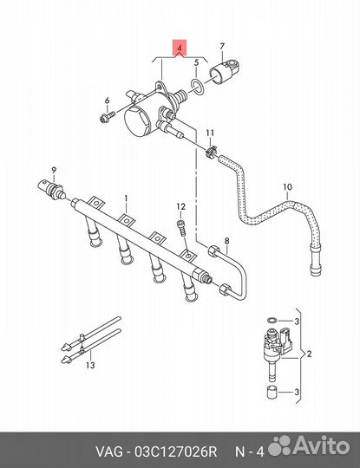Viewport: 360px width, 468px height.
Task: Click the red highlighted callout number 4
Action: pyautogui.click(x=180, y=48)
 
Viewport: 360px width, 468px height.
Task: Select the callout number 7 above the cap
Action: pyautogui.click(x=222, y=47)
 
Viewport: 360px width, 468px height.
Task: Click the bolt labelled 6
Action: pyautogui.click(x=107, y=117)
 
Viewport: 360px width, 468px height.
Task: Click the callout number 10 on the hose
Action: pyautogui.click(x=287, y=187)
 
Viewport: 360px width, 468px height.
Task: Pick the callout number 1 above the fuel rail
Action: pyautogui.click(x=126, y=198)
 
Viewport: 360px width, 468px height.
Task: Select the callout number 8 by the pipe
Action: pyautogui.click(x=227, y=241)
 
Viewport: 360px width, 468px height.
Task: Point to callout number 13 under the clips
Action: pyautogui.click(x=90, y=365)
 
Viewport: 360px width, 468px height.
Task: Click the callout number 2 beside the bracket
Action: pyautogui.click(x=309, y=354)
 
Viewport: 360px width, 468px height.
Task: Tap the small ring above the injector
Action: pyautogui.click(x=272, y=321)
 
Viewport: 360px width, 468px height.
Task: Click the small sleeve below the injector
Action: pyautogui.click(x=272, y=392)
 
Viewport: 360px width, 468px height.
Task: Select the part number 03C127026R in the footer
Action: pyautogui.click(x=175, y=452)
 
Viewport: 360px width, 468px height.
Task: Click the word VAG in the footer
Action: pyautogui.click(x=108, y=452)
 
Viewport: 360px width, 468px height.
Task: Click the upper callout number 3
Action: pyautogui.click(x=297, y=322)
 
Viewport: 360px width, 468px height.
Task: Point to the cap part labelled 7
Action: pyautogui.click(x=226, y=72)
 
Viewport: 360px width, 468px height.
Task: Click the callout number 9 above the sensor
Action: pyautogui.click(x=54, y=171)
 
